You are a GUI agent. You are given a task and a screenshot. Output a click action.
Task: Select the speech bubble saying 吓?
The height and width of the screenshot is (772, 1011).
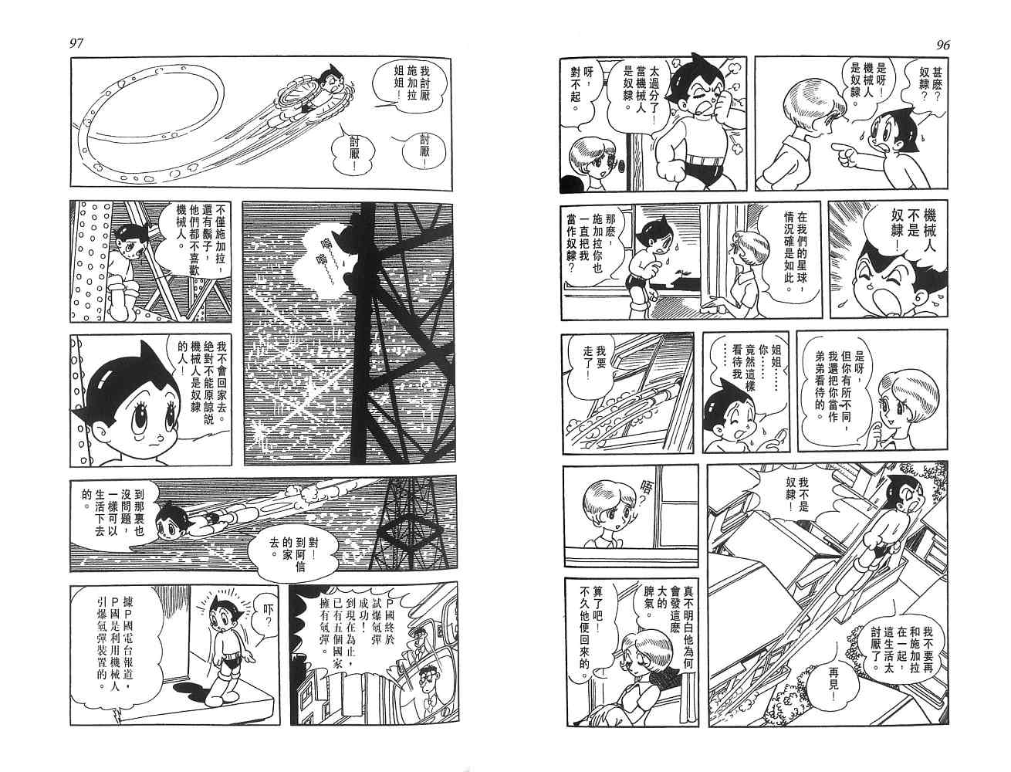[265, 615]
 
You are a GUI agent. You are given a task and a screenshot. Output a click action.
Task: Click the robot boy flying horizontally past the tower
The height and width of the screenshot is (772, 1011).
[194, 521]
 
